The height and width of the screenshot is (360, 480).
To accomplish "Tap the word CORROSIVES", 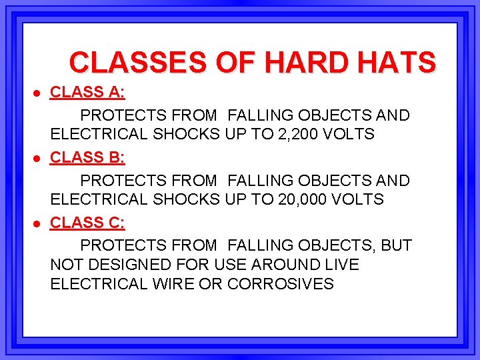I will click(281, 283).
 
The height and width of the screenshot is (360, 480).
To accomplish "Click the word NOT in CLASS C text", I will click(65, 265).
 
